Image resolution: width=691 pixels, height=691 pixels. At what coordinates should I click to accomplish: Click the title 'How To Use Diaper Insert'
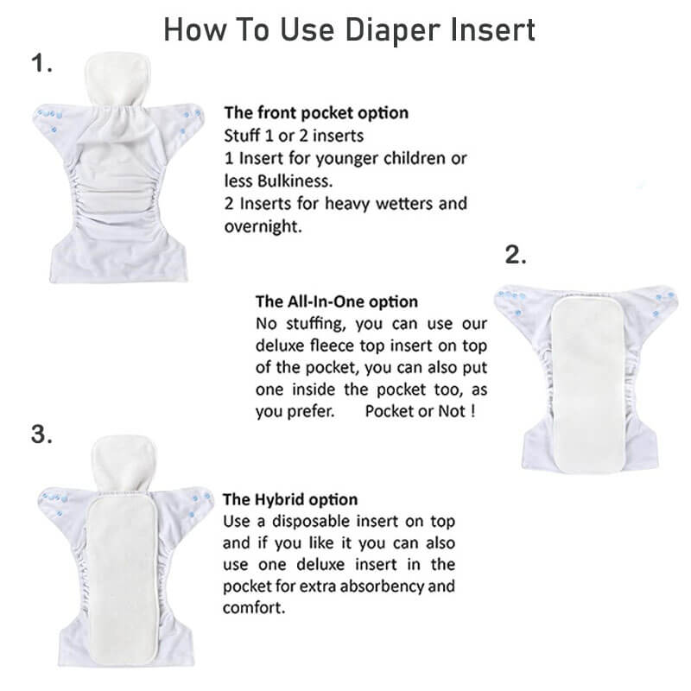(349, 29)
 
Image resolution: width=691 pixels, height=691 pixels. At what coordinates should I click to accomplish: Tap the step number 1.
(42, 63)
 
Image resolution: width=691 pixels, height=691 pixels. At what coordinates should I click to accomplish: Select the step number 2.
(515, 255)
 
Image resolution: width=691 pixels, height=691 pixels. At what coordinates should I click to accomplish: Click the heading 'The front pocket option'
(316, 113)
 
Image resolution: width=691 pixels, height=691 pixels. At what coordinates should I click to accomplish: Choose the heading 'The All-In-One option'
(337, 302)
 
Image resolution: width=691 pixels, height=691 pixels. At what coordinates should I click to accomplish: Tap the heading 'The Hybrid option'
(290, 500)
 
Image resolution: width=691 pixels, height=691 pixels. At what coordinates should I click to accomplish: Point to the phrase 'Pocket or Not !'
(420, 411)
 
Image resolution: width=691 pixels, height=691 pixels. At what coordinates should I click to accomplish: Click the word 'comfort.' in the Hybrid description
(254, 607)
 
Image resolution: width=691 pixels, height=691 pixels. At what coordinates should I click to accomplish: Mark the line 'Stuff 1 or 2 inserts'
(294, 136)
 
